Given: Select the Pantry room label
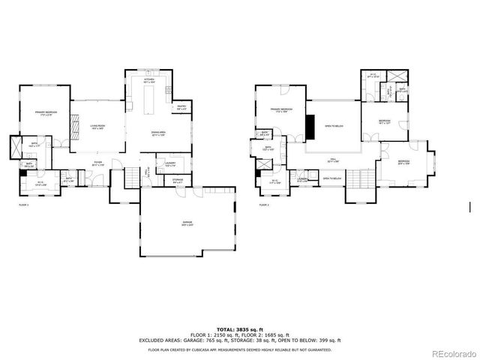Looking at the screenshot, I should pyautogui.click(x=181, y=107).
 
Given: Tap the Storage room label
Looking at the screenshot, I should pyautogui.click(x=177, y=180).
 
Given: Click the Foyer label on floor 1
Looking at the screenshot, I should pyautogui.click(x=97, y=162).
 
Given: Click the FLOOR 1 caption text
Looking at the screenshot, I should pyautogui.click(x=23, y=204).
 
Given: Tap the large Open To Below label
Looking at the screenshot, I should pyautogui.click(x=334, y=126).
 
